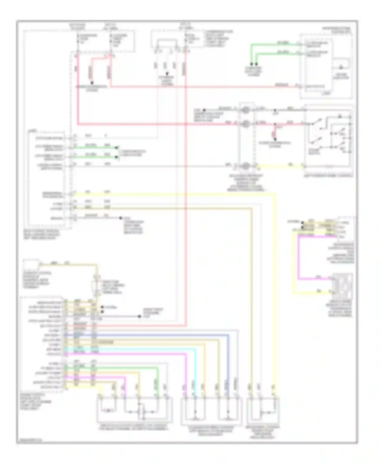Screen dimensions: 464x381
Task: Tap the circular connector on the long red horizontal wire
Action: coord(246,124)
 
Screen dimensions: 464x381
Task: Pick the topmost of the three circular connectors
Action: coord(246,110)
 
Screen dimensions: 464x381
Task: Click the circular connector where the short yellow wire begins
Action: coord(246,166)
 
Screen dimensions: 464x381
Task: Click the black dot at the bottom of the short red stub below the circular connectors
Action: coord(275,139)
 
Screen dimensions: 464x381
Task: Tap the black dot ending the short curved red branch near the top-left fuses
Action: coord(92,83)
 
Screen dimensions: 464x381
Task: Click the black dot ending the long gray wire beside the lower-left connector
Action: coord(139,316)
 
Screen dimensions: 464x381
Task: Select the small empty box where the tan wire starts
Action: coord(31,265)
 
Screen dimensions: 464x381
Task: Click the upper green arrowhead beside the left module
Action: coord(117,147)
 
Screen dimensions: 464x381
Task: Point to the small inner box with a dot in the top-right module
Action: coord(341,64)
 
